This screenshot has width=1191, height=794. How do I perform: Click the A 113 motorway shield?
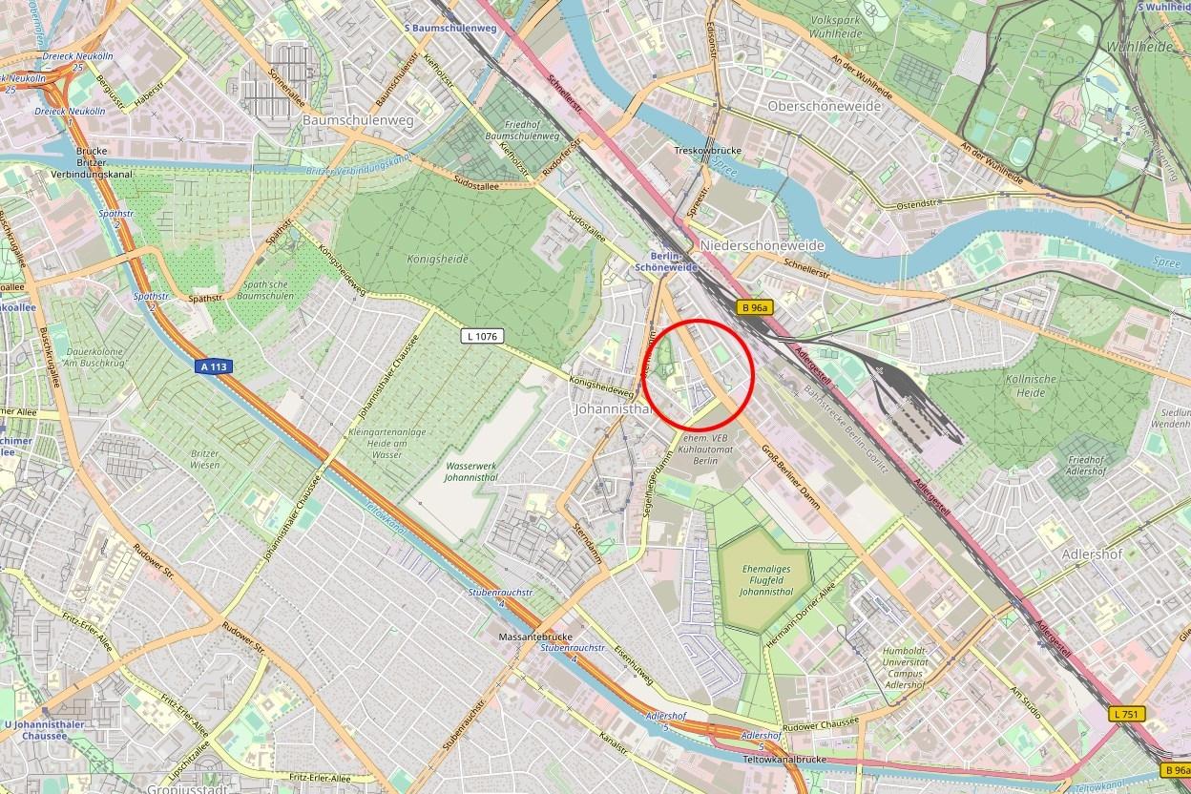click(x=217, y=366)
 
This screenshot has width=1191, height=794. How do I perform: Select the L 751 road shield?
click(x=1128, y=714)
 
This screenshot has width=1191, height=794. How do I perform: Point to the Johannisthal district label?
click(x=611, y=409)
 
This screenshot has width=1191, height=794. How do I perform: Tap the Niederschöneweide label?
click(x=762, y=245)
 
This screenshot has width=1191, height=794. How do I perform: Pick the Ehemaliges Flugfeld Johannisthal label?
click(x=766, y=579)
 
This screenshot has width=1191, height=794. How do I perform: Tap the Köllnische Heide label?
click(x=1024, y=385)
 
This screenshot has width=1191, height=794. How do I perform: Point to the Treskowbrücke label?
click(x=707, y=151)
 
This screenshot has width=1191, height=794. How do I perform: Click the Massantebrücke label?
click(x=534, y=636)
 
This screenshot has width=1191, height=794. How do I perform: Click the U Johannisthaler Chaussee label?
click(x=44, y=730)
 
